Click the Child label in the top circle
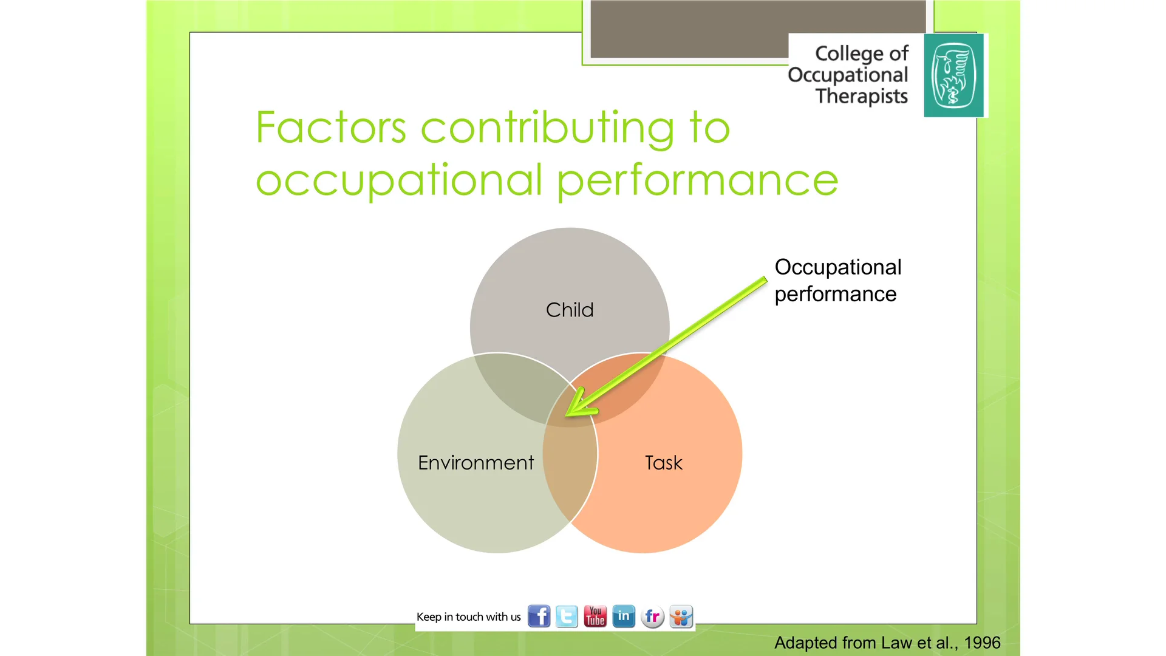(x=569, y=310)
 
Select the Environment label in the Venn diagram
(x=476, y=463)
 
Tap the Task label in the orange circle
(x=663, y=463)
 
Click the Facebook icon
(x=539, y=617)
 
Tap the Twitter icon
(x=567, y=617)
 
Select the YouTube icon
(x=595, y=617)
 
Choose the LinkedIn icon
(x=624, y=617)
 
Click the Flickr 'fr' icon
(x=652, y=617)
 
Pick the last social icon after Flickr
(x=681, y=617)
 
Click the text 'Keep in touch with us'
(x=468, y=617)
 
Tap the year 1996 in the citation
(x=982, y=643)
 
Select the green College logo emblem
(x=953, y=75)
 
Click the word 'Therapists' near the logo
(x=861, y=97)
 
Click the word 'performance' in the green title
(x=697, y=181)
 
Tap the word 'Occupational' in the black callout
(x=837, y=267)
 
